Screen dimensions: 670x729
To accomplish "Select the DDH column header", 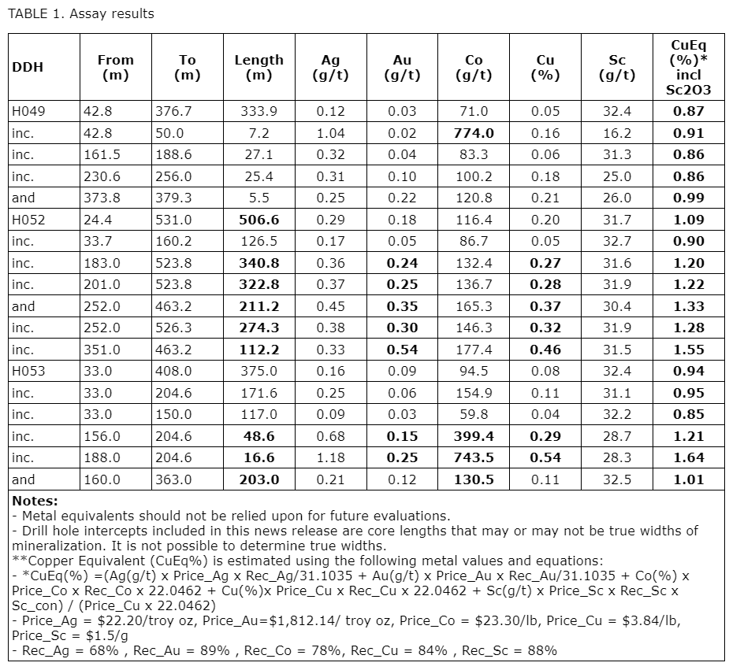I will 28,67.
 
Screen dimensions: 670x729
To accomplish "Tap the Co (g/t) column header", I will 474,67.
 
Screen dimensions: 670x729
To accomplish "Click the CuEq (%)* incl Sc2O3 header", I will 688,67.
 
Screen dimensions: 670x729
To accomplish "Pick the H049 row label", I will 28,111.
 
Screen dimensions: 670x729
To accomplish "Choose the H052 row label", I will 28,220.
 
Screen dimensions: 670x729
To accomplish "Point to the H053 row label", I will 28,371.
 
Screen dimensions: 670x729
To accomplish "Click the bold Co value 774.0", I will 474,133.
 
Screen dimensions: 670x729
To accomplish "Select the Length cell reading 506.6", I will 258,220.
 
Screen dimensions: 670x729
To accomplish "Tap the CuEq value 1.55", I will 688,350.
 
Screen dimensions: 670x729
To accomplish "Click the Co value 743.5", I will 474,457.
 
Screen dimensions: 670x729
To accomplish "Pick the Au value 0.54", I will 402,350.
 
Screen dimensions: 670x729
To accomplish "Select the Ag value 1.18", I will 330,457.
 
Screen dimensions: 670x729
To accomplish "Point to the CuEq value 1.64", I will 688,457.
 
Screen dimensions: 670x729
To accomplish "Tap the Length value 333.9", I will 258,111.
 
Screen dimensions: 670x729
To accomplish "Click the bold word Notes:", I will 35,501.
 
